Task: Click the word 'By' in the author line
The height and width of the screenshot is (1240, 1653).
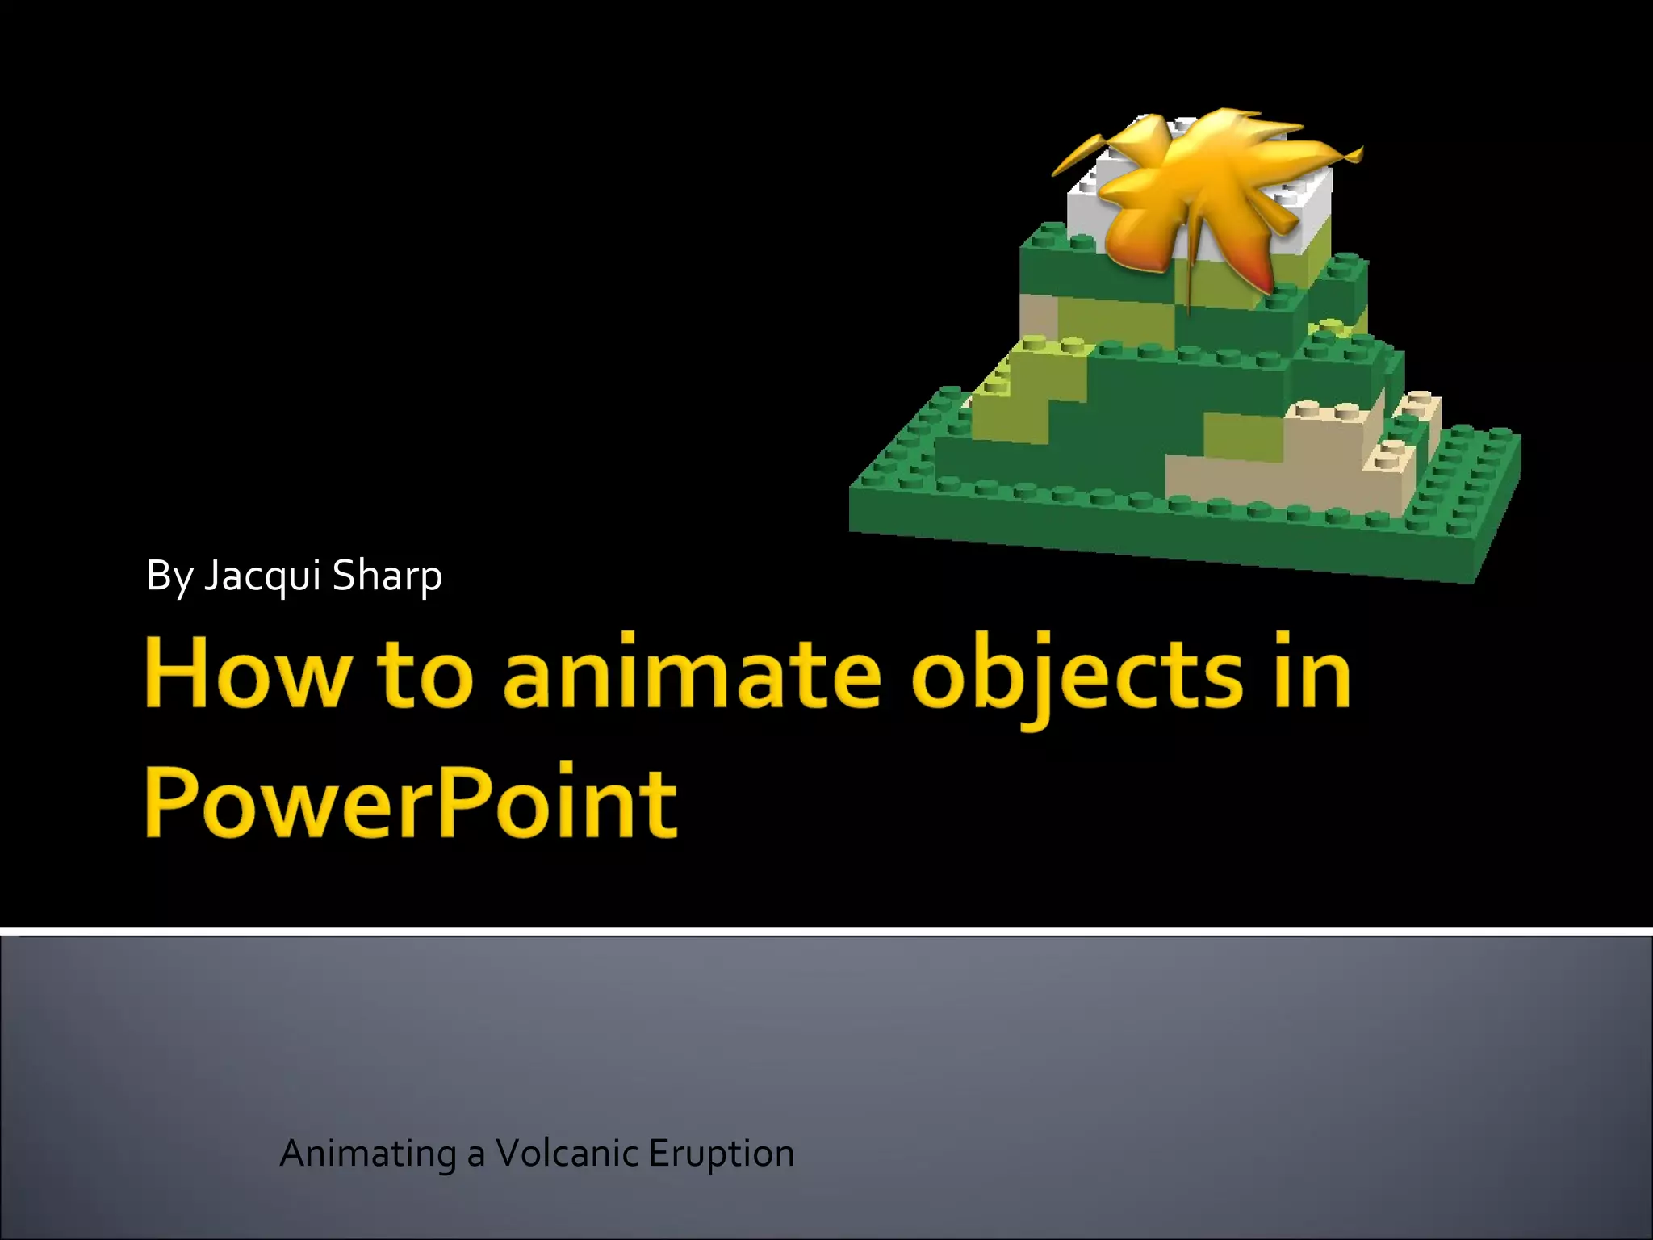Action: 169,576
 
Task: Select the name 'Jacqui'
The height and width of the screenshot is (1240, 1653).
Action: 262,576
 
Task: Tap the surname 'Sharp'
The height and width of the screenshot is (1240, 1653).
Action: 387,576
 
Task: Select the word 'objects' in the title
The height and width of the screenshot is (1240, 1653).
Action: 1077,678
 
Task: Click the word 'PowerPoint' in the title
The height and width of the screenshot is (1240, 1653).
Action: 410,802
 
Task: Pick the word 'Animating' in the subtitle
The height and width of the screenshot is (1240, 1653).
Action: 367,1154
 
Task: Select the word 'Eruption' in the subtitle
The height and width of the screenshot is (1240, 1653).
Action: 721,1154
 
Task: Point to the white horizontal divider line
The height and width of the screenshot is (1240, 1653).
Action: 826,932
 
